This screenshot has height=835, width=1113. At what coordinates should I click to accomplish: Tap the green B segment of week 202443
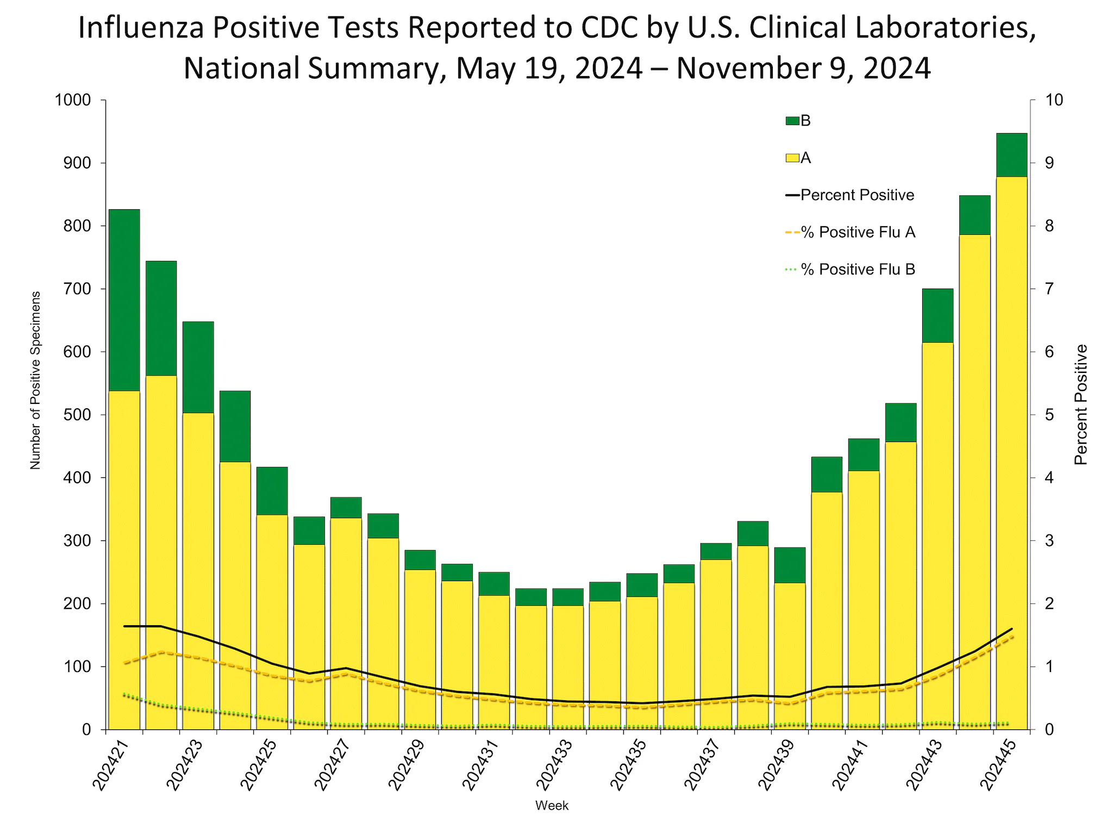pyautogui.click(x=937, y=315)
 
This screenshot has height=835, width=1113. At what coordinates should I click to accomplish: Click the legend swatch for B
pyautogui.click(x=792, y=121)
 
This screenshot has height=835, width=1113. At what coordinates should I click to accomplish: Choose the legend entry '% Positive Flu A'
pyautogui.click(x=858, y=233)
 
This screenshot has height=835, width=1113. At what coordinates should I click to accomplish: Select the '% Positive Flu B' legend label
pyautogui.click(x=858, y=270)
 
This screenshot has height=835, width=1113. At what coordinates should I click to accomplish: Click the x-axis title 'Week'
pyautogui.click(x=552, y=806)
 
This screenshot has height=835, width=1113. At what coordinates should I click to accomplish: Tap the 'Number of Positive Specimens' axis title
pyautogui.click(x=35, y=381)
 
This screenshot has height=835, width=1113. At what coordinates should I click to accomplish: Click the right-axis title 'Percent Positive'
pyautogui.click(x=1081, y=405)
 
